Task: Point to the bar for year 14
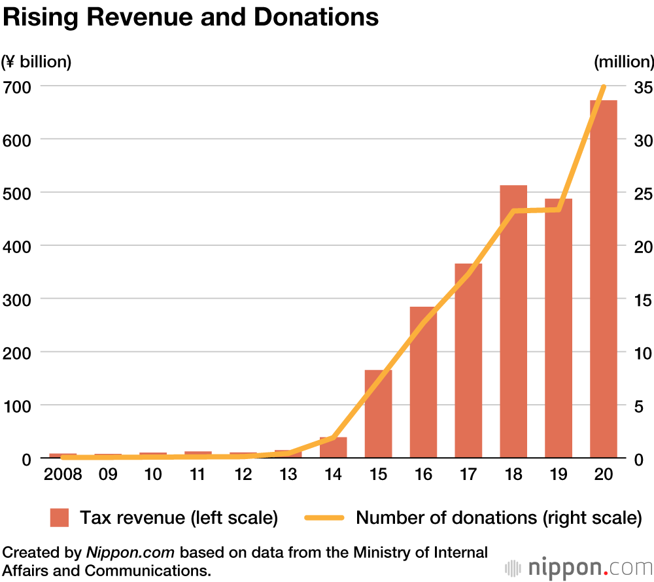(333, 448)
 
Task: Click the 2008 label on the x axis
(63, 474)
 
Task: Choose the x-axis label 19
(559, 474)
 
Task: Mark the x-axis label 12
(243, 474)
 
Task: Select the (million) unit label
(623, 62)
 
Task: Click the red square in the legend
(60, 518)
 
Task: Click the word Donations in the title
(316, 18)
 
